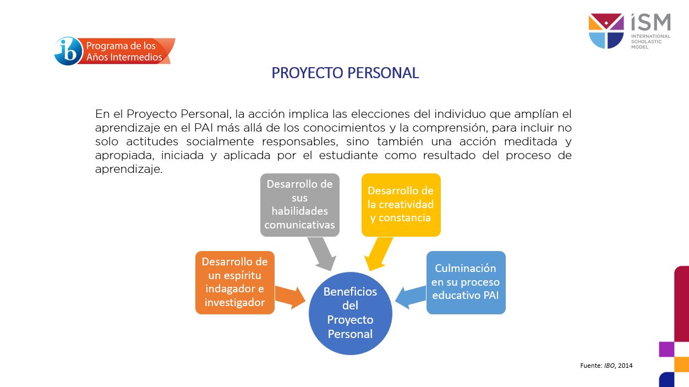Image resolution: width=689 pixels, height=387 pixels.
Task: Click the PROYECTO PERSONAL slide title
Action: click(x=345, y=73)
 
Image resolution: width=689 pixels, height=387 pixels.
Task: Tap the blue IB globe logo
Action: click(x=68, y=51)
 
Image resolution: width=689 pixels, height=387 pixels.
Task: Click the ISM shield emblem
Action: click(x=606, y=31)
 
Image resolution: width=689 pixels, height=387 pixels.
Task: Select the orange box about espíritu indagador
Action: click(x=235, y=282)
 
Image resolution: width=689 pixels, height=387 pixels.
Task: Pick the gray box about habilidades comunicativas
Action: click(x=299, y=204)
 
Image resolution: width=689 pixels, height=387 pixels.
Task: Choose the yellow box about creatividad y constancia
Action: click(x=401, y=204)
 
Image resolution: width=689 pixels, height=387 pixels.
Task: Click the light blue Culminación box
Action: click(x=466, y=282)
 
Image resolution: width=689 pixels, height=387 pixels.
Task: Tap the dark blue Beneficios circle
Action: click(x=350, y=313)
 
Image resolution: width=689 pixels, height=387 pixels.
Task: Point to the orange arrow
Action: click(x=289, y=296)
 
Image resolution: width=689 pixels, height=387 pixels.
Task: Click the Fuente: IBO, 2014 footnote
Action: click(x=606, y=365)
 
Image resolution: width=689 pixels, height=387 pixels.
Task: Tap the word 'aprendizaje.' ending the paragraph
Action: click(x=129, y=170)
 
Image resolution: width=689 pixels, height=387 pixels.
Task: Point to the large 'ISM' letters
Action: click(x=650, y=23)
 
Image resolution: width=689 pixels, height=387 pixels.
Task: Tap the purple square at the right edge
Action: click(x=666, y=349)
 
